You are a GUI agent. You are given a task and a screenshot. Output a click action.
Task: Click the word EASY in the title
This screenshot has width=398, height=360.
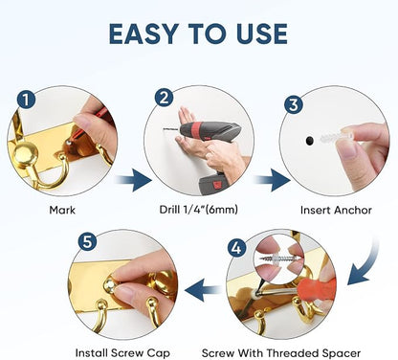pos(144,34)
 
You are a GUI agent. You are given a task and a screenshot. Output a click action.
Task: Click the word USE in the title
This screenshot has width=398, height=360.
pos(262,34)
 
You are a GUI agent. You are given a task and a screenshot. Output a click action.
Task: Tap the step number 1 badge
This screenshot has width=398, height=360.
pos(26,100)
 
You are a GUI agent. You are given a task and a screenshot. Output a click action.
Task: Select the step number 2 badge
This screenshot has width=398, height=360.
pos(164,98)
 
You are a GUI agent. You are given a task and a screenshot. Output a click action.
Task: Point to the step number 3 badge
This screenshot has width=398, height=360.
pos(294,104)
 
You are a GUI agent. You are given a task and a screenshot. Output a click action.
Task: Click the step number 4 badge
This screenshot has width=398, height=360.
pos(236,247)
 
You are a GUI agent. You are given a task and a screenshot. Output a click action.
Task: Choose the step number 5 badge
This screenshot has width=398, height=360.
pos(87,241)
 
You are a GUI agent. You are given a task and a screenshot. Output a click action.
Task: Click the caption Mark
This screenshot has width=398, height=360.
pos(62,211)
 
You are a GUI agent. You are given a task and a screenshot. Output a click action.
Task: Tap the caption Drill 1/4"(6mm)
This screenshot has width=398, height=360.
pos(198,210)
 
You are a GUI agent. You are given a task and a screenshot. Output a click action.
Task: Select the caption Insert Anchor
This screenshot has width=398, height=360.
pos(336,210)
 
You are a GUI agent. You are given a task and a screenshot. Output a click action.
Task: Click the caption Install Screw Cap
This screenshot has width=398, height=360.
pos(122,353)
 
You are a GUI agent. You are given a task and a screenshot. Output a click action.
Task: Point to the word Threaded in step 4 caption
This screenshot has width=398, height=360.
pos(293,353)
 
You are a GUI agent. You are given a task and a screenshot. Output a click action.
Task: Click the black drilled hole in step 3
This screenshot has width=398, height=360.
pos(309,141)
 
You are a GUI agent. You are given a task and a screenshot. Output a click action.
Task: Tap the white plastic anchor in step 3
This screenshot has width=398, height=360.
pos(336,138)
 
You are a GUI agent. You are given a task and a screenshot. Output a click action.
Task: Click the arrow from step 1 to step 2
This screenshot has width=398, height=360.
pos(133,180)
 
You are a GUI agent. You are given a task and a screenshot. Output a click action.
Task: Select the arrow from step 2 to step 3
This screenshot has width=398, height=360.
pos(272,180)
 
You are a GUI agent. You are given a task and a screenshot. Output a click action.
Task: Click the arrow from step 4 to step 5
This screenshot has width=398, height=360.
pos(203,290)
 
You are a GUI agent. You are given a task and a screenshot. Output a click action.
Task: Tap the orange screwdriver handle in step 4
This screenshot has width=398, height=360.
pos(317,288)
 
